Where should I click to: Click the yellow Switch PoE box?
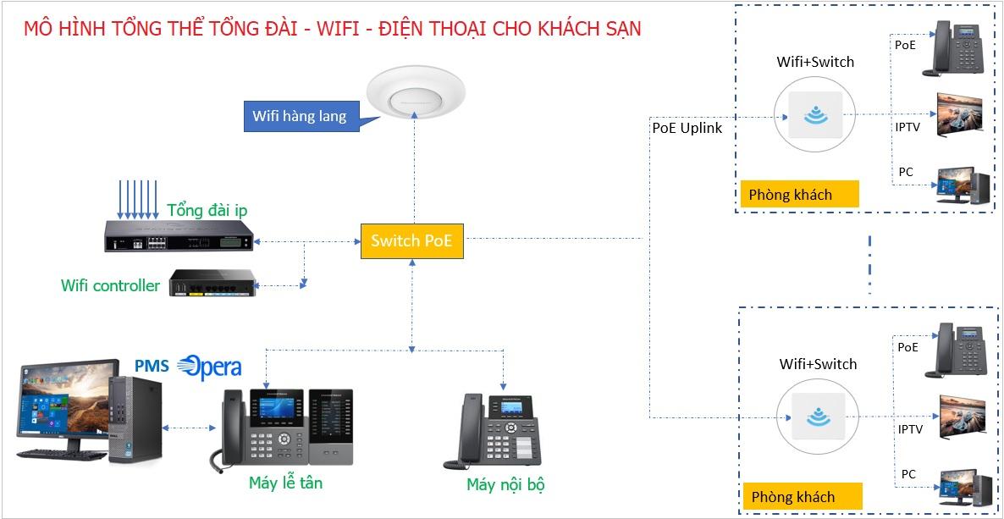click(x=411, y=241)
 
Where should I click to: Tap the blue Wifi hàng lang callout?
click(x=300, y=117)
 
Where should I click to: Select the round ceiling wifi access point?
click(x=416, y=93)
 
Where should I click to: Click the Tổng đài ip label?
click(x=207, y=210)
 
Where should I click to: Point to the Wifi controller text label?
click(x=110, y=285)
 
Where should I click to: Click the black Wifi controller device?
click(x=212, y=283)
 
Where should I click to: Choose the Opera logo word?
click(x=209, y=367)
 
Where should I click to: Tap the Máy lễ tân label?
click(x=285, y=483)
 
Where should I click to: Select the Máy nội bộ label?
click(x=506, y=485)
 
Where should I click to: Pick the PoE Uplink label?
click(x=687, y=128)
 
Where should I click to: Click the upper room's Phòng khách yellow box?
click(x=799, y=194)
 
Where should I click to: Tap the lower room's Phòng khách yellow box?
click(x=803, y=497)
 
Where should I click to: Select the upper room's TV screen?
click(x=959, y=114)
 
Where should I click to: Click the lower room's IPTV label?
click(x=910, y=429)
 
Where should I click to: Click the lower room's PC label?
click(x=908, y=474)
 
